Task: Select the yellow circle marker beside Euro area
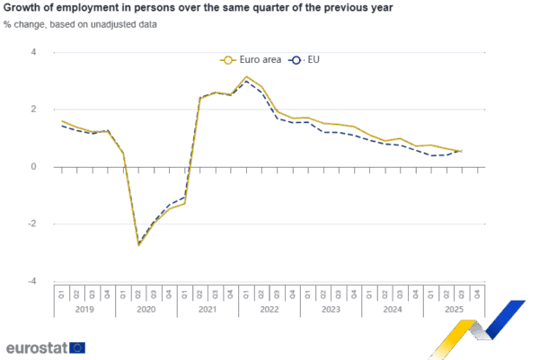(x=228, y=60)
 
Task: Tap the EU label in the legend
(x=314, y=60)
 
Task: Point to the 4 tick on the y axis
(x=33, y=52)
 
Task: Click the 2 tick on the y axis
(x=33, y=110)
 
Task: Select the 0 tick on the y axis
(x=33, y=167)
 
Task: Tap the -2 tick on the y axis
(x=32, y=224)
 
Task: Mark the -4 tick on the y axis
(x=32, y=282)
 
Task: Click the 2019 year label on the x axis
(x=84, y=309)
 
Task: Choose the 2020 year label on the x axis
(x=145, y=309)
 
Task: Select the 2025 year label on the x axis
(x=452, y=309)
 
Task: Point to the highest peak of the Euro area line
(x=246, y=77)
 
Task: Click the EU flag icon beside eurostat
(x=78, y=347)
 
